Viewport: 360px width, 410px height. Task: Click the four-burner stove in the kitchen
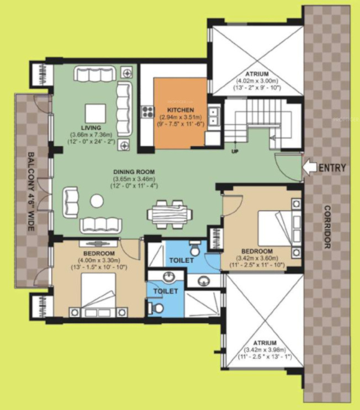point(147,113)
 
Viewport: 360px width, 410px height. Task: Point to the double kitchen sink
point(215,115)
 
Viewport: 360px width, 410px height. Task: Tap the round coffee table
point(97,201)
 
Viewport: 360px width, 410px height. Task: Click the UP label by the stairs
point(235,151)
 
